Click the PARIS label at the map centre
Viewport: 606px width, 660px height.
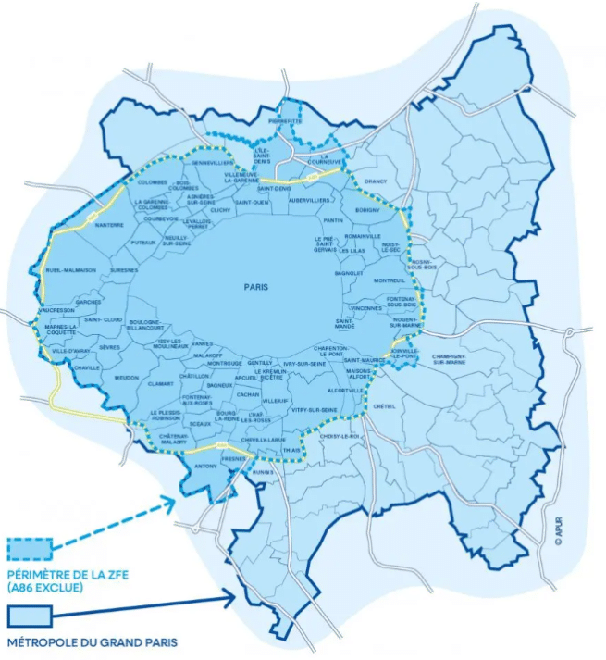(x=256, y=287)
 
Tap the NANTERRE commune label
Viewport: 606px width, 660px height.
(x=109, y=225)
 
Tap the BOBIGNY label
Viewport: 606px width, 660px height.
(x=368, y=210)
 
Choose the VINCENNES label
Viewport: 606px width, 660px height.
(x=366, y=307)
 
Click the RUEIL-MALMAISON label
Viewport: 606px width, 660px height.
(x=71, y=270)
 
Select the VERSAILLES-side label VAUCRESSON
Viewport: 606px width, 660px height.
(x=57, y=311)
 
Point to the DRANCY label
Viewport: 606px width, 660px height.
(x=377, y=181)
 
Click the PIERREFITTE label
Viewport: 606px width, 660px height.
(x=285, y=120)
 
